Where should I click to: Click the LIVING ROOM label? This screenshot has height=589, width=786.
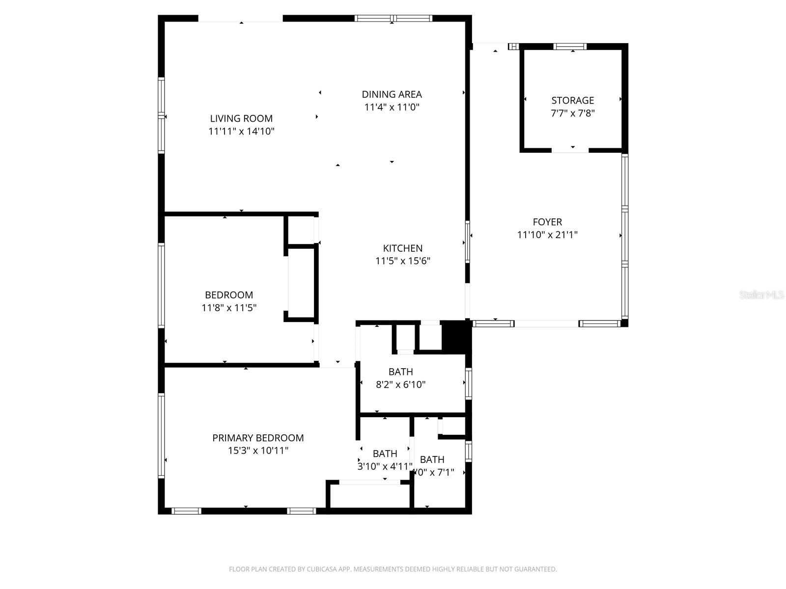coord(241,118)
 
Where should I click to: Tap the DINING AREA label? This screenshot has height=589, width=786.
coord(392,94)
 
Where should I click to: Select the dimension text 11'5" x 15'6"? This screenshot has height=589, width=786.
coord(403,261)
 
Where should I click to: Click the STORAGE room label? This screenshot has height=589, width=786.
coord(572,100)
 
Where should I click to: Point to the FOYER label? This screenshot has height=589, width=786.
coord(547,222)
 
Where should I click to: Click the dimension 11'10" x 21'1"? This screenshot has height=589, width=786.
coord(547,235)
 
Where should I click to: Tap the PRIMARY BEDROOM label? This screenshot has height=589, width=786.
coord(258,438)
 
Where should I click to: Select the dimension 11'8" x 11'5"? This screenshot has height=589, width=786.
coord(229,308)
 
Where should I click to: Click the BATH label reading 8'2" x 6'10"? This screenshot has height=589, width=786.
coord(400,372)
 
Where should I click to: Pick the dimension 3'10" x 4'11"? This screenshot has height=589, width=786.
coord(385,466)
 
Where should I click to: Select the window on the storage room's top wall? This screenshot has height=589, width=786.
coord(570,47)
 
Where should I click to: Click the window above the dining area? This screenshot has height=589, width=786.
coord(393,19)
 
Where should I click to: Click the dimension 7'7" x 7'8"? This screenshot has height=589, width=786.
coord(572,113)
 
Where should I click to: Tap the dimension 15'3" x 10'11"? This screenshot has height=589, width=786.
coord(258,451)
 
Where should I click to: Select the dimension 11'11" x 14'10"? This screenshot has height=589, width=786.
coord(241,131)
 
